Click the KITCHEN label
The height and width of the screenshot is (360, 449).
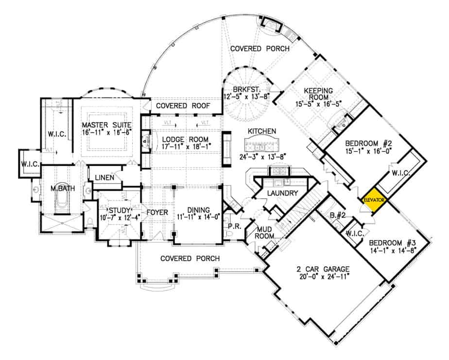coord(262,131)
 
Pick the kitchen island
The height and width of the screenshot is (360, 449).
coord(262,144)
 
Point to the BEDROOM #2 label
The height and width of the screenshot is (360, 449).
coord(365,144)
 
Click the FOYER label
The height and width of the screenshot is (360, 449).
coord(157,212)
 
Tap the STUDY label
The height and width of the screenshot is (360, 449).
coord(120,210)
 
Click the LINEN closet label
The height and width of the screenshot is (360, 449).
coord(104,178)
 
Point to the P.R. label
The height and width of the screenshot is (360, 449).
coord(232,226)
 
